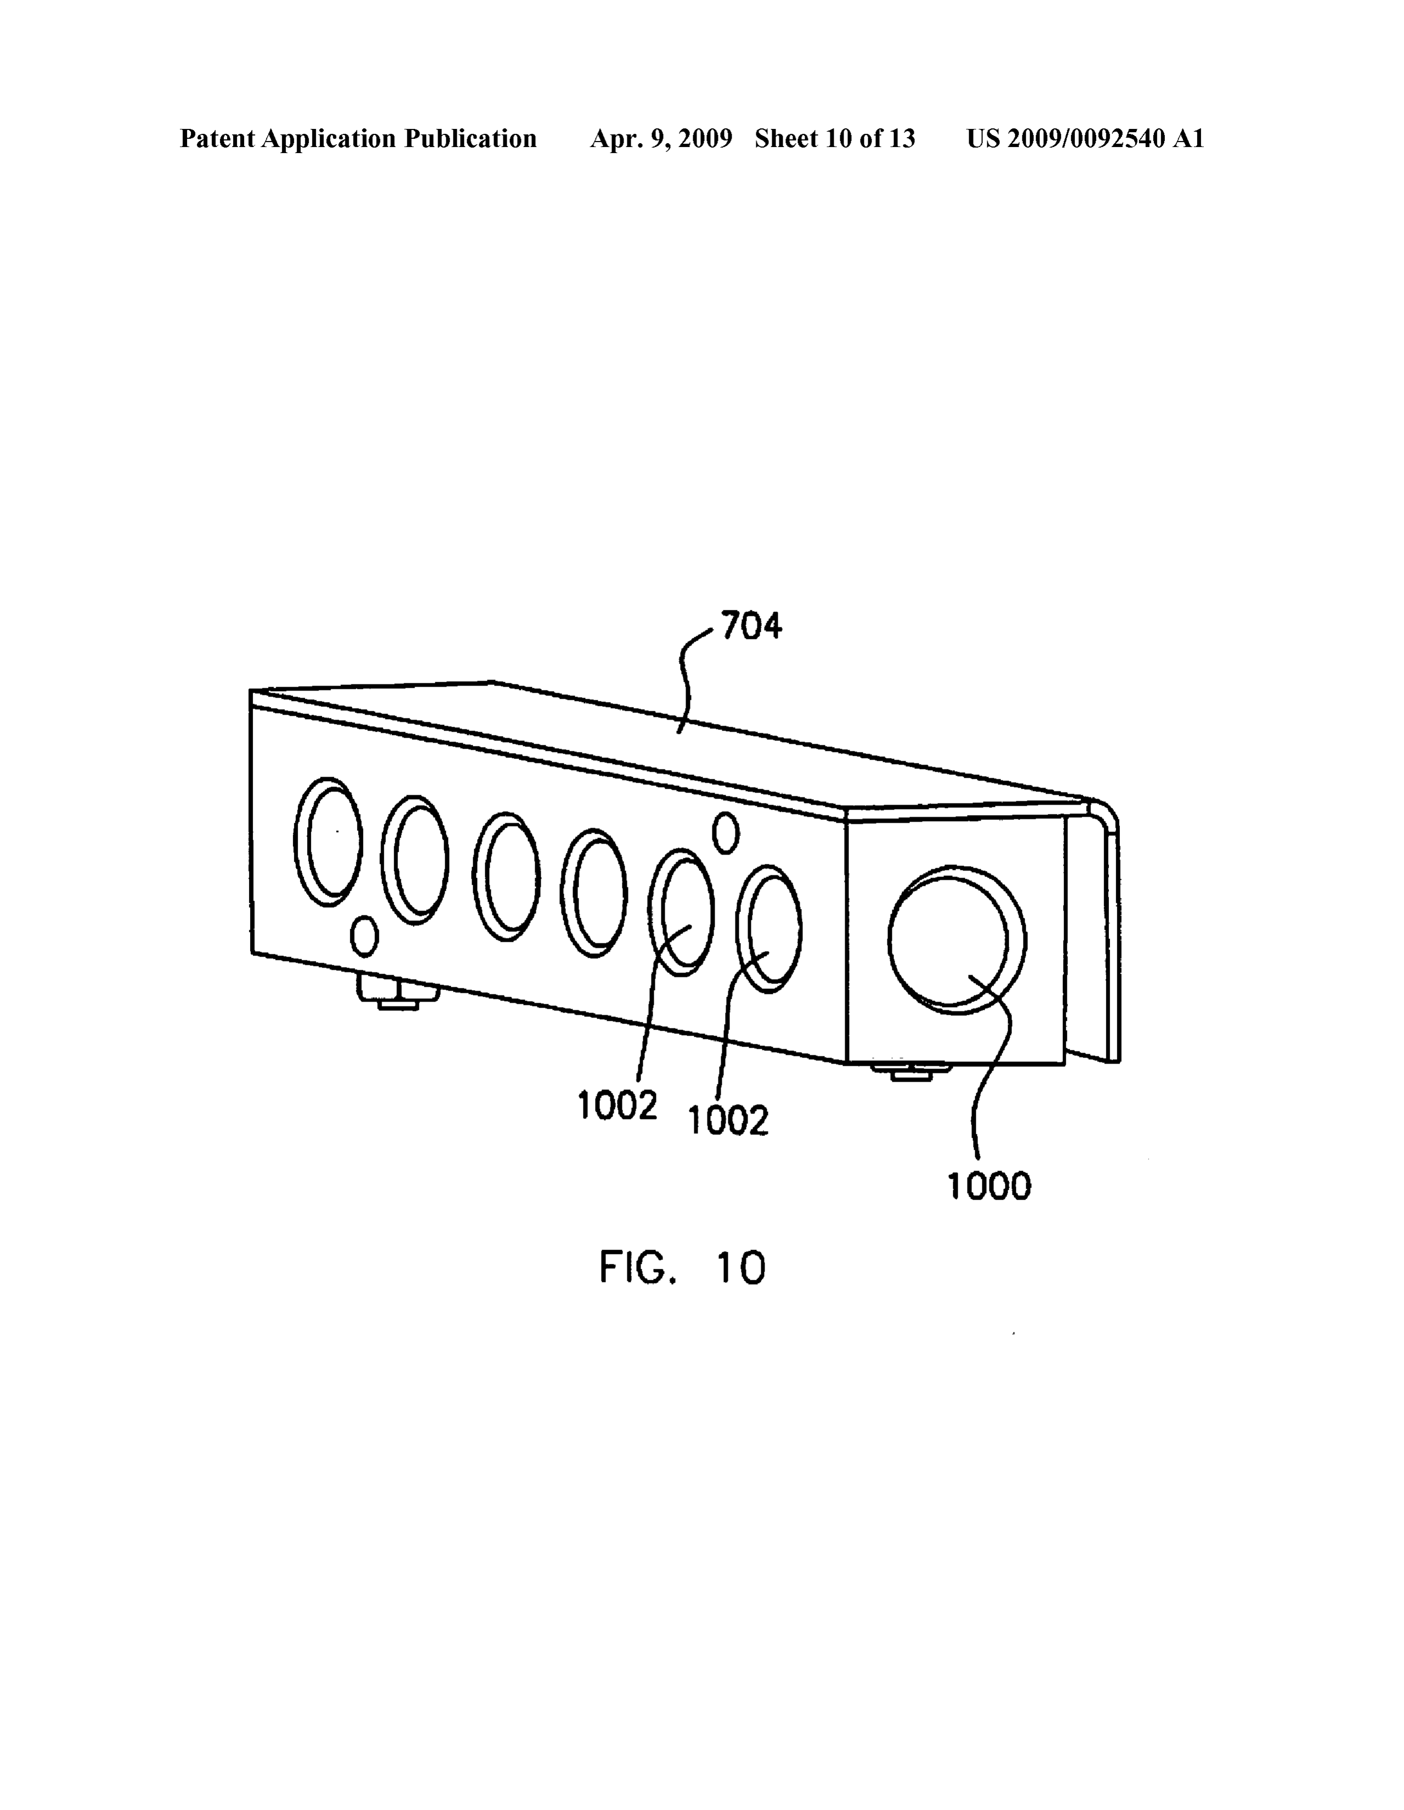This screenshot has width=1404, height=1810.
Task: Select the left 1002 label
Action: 618,1106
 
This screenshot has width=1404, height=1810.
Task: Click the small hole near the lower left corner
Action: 365,936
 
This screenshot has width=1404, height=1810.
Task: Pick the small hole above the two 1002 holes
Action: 726,833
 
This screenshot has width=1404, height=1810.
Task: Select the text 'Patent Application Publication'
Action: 358,138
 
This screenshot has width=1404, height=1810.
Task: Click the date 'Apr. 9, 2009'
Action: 660,138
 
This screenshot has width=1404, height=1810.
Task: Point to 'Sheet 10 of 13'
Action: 835,138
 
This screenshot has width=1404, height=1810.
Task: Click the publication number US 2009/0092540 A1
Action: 1085,138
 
